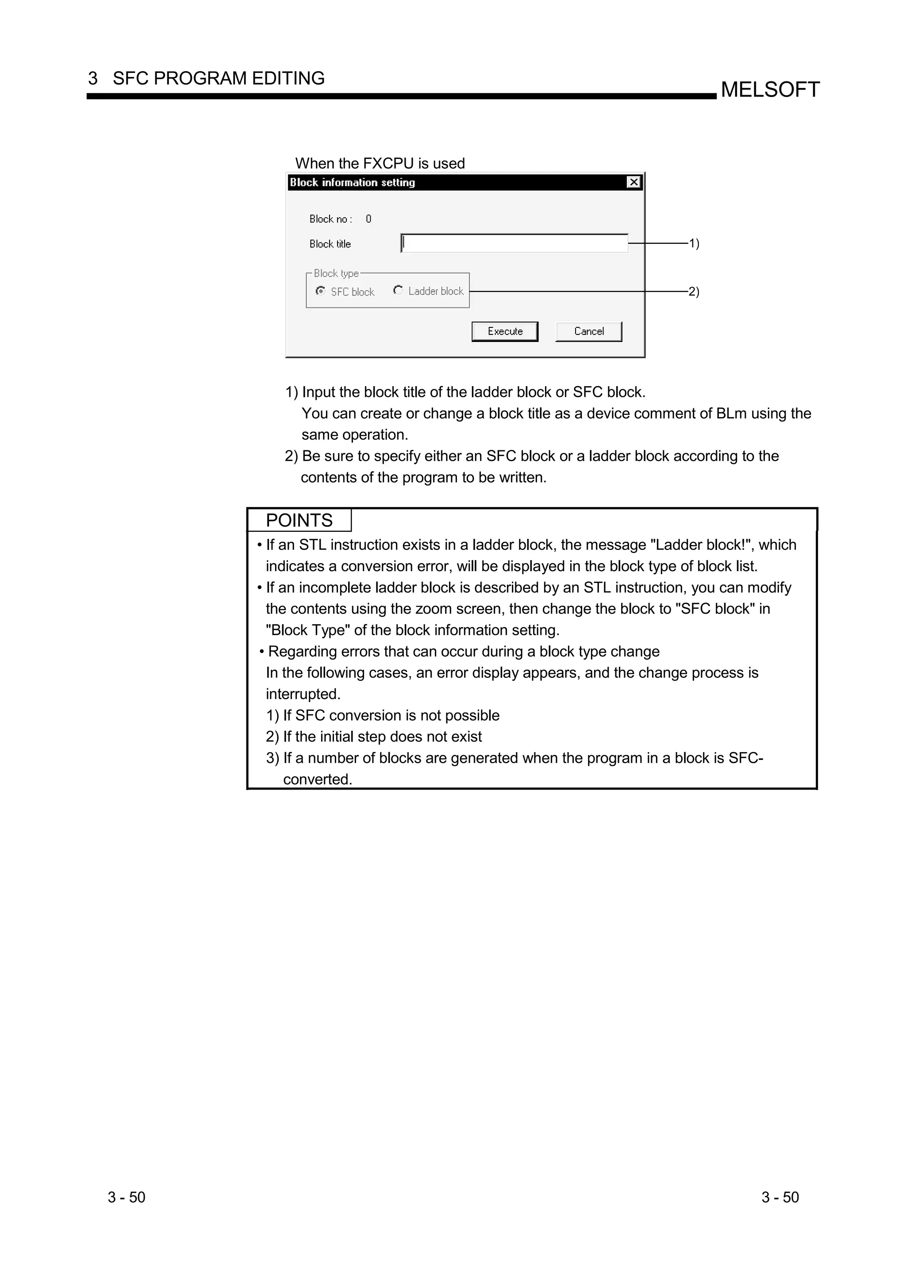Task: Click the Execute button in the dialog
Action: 505,331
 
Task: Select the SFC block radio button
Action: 320,291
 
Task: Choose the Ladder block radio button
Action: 398,290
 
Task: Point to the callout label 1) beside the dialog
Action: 694,243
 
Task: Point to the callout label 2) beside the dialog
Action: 694,292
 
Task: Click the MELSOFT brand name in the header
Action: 770,89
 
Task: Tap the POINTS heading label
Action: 299,520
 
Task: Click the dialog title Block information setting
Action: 352,183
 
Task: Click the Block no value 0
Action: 369,219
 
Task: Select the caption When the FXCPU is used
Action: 380,163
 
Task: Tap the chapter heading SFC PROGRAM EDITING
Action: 218,78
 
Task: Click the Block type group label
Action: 336,273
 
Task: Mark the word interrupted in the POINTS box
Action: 303,694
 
